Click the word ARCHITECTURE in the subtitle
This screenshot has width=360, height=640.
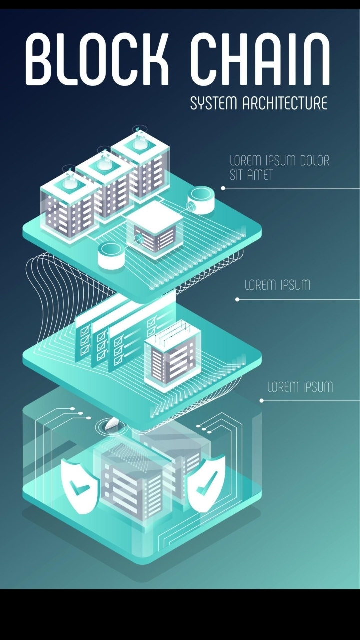tap(285, 103)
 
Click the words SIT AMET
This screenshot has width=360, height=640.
tap(251, 175)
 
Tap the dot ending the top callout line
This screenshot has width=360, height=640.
tap(223, 188)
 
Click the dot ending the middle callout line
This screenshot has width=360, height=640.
tap(237, 299)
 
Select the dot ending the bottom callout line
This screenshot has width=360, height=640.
tap(261, 400)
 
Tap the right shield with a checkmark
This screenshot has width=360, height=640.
tap(205, 483)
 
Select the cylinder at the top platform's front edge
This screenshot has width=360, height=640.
tap(111, 255)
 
